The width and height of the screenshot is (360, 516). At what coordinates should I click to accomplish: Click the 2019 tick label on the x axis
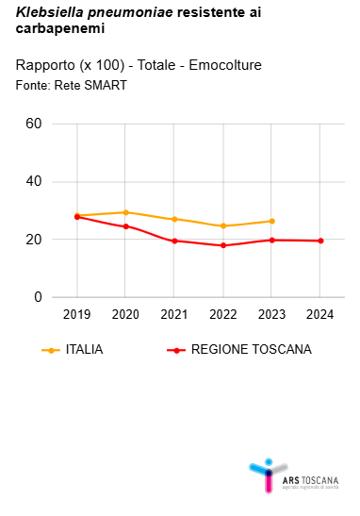76,313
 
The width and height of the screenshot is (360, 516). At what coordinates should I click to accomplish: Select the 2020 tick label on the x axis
125,313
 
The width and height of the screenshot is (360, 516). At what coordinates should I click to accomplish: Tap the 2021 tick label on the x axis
174,313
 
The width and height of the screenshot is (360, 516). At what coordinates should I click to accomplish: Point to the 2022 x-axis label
223,313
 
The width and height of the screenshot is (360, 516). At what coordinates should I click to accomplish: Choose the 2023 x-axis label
271,313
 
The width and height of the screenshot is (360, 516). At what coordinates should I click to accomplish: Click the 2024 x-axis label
320,313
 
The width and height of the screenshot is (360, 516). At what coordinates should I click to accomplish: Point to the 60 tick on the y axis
34,124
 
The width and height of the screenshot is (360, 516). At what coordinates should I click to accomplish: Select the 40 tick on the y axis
34,182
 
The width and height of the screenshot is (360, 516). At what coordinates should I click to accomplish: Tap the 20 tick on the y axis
34,240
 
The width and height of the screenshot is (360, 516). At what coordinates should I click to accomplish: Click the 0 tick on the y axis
39,297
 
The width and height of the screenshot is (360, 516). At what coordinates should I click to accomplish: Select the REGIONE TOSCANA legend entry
239,350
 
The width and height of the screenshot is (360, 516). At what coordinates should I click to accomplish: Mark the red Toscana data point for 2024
320,241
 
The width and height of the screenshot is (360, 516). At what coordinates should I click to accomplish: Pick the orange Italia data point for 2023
271,221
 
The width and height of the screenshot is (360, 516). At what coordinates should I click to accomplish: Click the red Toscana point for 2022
223,245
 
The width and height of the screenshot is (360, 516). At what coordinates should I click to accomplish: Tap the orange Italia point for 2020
125,212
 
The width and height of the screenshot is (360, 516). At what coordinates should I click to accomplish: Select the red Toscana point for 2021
174,241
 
